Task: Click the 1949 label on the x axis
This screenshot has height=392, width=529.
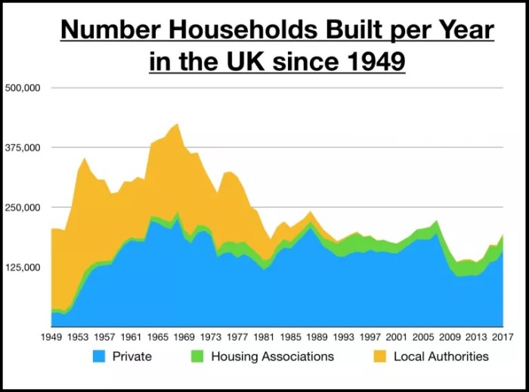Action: (x=52, y=336)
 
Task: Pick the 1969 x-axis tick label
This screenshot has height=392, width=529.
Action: (x=184, y=336)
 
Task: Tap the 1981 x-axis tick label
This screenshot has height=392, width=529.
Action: (x=264, y=336)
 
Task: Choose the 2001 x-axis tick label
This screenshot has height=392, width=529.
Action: (x=396, y=336)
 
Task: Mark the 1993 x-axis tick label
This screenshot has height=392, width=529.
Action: (x=343, y=336)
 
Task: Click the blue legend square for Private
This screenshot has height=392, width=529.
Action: (x=100, y=356)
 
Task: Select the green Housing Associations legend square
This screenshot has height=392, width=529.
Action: (x=198, y=356)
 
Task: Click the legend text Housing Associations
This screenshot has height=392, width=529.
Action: (x=272, y=356)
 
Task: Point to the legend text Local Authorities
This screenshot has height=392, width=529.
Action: (x=441, y=356)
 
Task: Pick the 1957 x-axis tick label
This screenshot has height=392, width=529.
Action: (x=105, y=336)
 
